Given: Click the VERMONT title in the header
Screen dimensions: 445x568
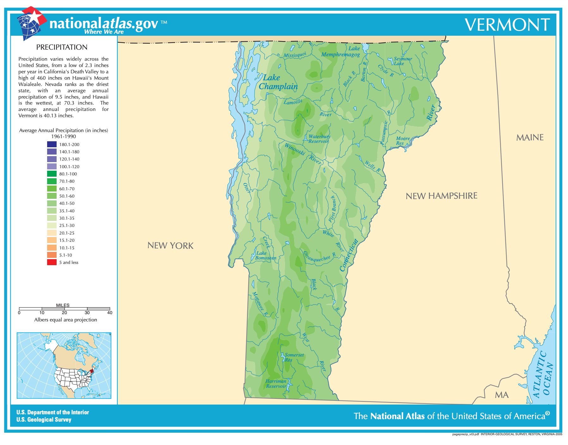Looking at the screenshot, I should point(507,25).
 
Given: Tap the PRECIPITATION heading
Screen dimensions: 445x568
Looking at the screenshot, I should point(62,47).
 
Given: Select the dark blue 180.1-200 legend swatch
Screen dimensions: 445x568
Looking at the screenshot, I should point(52,144).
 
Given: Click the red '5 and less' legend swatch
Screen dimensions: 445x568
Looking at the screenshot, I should point(52,262).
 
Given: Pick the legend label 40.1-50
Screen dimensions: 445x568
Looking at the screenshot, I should point(67,204).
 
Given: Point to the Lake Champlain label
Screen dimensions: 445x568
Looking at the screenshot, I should point(278,82).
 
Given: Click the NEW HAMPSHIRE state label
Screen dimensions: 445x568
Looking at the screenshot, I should point(441,196).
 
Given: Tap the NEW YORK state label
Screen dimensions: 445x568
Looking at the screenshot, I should point(170,246).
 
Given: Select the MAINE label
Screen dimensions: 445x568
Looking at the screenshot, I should point(530,137).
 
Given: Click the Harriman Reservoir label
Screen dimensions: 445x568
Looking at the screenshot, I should point(276,384).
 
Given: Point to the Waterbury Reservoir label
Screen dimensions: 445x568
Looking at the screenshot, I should point(319,139).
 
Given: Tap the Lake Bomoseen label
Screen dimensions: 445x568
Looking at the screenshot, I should point(265,256).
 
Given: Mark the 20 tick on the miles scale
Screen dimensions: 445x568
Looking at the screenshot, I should point(65,313).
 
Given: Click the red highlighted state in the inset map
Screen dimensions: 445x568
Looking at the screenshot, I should point(92,371).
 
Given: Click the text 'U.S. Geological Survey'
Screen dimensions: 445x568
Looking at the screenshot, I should point(44,420).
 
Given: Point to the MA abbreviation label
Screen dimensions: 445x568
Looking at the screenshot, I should point(502,395).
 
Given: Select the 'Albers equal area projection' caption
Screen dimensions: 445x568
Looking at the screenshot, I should point(65,320).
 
